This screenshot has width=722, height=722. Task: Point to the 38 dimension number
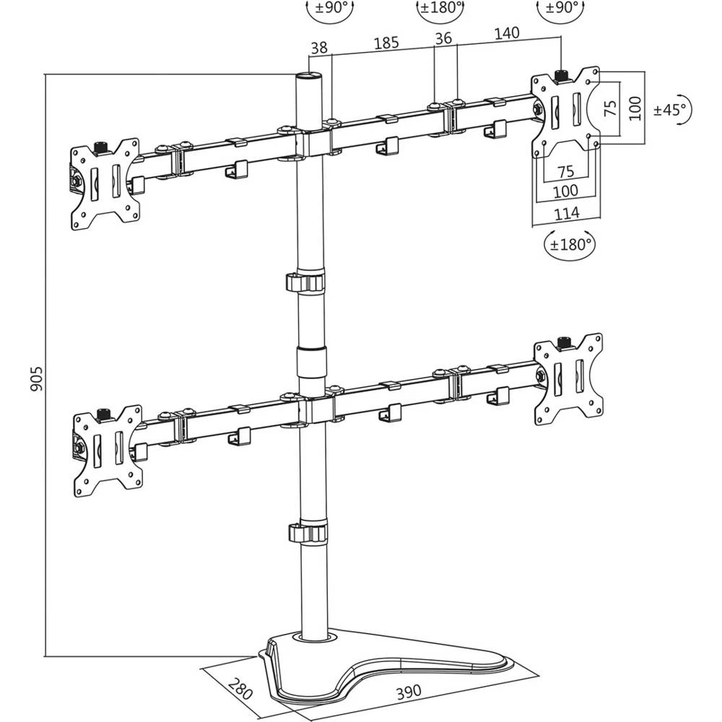(318, 48)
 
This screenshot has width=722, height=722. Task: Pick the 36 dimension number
(443, 38)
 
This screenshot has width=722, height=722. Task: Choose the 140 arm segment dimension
(508, 33)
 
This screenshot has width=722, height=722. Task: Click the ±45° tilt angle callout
(671, 110)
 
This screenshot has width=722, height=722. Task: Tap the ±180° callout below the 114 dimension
(570, 244)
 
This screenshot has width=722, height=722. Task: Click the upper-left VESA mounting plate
(105, 184)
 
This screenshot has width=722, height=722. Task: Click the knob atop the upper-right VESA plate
(561, 74)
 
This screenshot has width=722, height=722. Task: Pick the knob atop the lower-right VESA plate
(564, 339)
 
